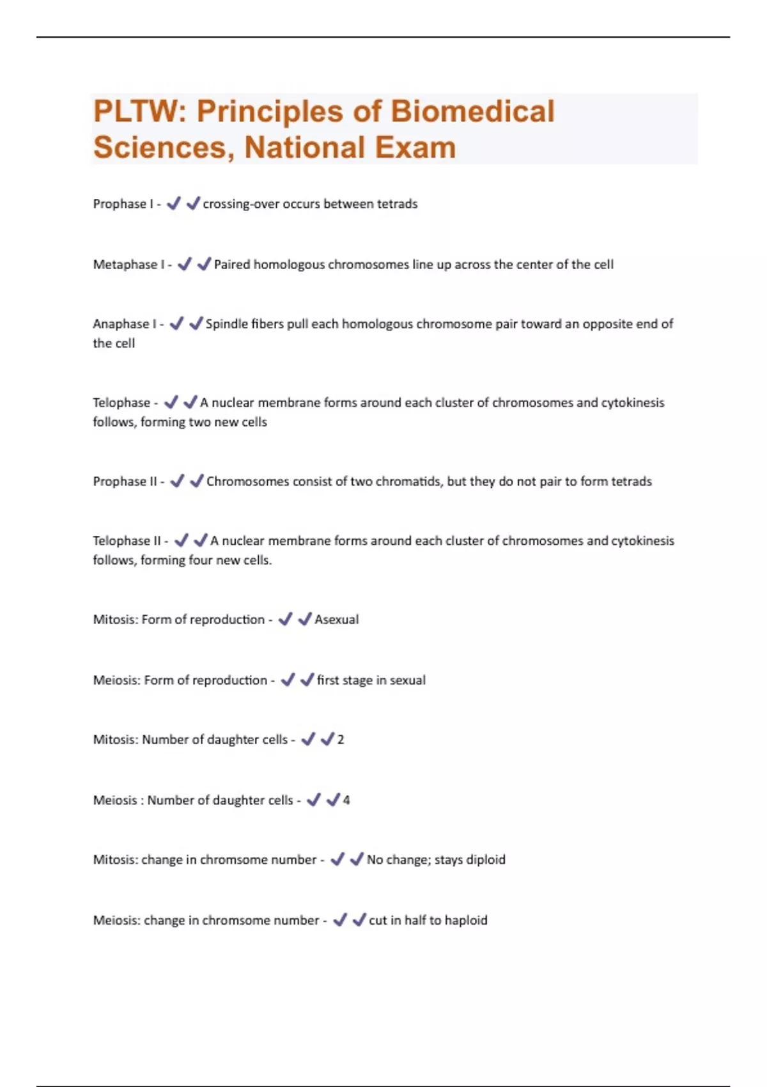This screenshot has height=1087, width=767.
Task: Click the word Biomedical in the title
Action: tap(472, 111)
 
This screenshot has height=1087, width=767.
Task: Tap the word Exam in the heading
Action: tap(415, 148)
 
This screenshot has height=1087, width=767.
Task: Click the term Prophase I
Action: tap(123, 204)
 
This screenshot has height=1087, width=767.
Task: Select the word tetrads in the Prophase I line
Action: tap(397, 204)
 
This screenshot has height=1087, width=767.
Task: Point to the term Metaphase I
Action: tap(128, 265)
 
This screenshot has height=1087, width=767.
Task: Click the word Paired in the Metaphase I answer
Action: tap(232, 265)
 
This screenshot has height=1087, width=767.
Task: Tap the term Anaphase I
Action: tap(125, 324)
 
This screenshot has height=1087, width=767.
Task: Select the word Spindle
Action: tap(226, 324)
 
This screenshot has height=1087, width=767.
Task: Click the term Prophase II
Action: tap(125, 481)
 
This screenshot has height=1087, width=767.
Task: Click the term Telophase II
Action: tap(127, 541)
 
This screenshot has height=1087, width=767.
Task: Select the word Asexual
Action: tap(337, 620)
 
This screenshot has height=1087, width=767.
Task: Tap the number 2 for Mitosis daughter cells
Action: tap(341, 740)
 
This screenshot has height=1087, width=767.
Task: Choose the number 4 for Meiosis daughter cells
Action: tap(346, 800)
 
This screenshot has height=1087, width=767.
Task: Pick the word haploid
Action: tap(466, 920)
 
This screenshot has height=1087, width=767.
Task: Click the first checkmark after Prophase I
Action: tap(173, 203)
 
